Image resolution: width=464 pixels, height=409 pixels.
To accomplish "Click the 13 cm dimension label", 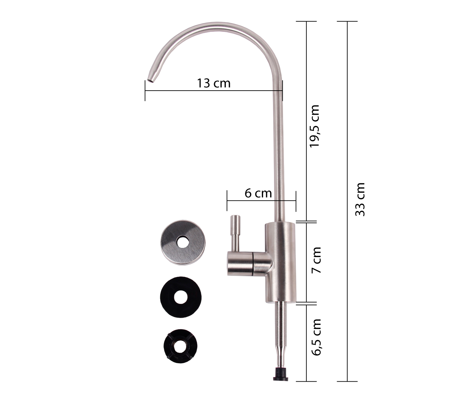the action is tap(213, 83).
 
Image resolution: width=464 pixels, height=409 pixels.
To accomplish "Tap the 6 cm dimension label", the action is tap(258, 193).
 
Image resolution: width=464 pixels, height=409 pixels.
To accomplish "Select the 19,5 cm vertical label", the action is tap(314, 126).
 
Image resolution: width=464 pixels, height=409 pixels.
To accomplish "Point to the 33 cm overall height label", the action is tap(360, 199).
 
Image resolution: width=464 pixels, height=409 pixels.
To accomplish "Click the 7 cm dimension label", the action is tap(316, 260).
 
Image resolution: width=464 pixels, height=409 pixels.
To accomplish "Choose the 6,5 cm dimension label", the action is tap(316, 337).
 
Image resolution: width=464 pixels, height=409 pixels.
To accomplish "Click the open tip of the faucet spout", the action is tap(151, 80).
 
